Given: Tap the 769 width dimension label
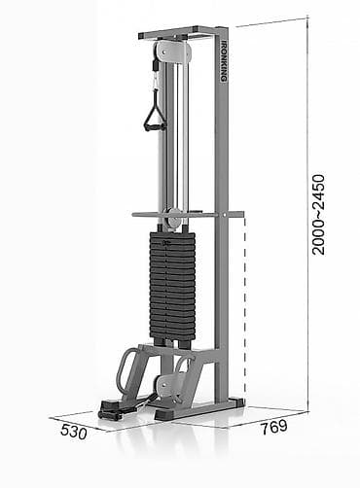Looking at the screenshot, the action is click(274, 427).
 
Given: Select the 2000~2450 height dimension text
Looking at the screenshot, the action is click(318, 215).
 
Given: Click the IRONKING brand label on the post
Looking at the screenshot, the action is click(224, 60).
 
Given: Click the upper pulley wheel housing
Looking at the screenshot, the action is click(172, 52).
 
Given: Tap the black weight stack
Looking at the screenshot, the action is click(172, 287).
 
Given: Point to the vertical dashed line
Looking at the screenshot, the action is click(245, 311).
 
